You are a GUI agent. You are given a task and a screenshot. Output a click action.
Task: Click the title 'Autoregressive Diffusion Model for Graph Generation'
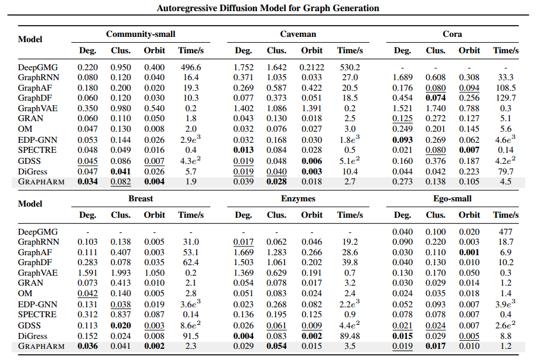click(x=268, y=8)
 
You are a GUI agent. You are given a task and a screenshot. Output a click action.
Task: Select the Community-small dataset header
click(x=141, y=35)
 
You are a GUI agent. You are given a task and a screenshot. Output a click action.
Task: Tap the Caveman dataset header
click(x=298, y=35)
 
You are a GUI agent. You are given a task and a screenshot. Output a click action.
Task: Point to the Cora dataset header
click(x=452, y=35)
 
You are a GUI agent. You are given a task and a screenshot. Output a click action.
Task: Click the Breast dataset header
click(x=141, y=198)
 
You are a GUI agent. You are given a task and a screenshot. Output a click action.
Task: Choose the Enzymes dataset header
click(x=298, y=198)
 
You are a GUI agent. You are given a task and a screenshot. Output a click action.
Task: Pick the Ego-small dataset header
click(x=452, y=198)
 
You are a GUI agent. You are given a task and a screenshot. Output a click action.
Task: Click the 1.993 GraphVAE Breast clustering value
click(x=121, y=272)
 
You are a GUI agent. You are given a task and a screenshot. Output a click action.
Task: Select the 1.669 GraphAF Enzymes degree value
click(x=244, y=252)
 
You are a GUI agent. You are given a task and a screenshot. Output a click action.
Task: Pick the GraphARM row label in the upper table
click(x=41, y=181)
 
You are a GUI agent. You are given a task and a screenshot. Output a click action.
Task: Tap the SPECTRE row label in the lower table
click(x=37, y=314)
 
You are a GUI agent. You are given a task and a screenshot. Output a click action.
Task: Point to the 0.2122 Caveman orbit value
click(x=311, y=67)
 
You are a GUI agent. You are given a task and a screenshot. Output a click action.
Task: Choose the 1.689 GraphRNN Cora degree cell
click(x=402, y=77)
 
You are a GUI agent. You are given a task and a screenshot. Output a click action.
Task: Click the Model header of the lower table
click(x=30, y=204)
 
